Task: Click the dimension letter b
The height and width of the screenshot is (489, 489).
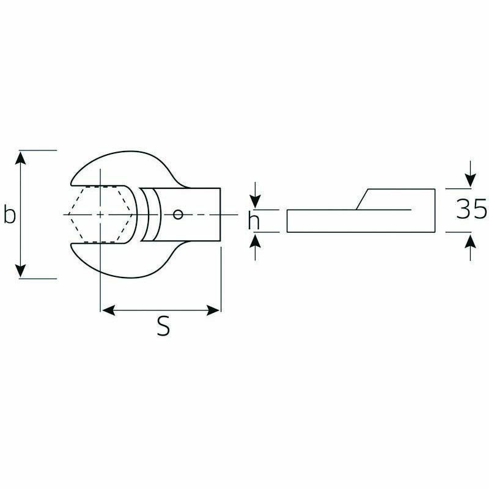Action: click(x=10, y=214)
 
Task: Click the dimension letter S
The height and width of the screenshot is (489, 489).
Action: click(x=163, y=326)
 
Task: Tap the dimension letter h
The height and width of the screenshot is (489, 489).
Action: click(x=254, y=219)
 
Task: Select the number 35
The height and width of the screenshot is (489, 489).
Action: click(x=471, y=208)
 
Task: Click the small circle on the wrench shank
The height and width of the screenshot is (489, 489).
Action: click(x=178, y=215)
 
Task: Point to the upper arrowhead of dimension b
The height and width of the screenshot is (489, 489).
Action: click(x=21, y=158)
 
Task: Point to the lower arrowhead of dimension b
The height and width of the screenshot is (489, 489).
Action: click(x=21, y=271)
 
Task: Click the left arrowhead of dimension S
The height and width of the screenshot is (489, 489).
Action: click(x=109, y=311)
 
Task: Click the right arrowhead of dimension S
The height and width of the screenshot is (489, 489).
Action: click(x=213, y=311)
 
